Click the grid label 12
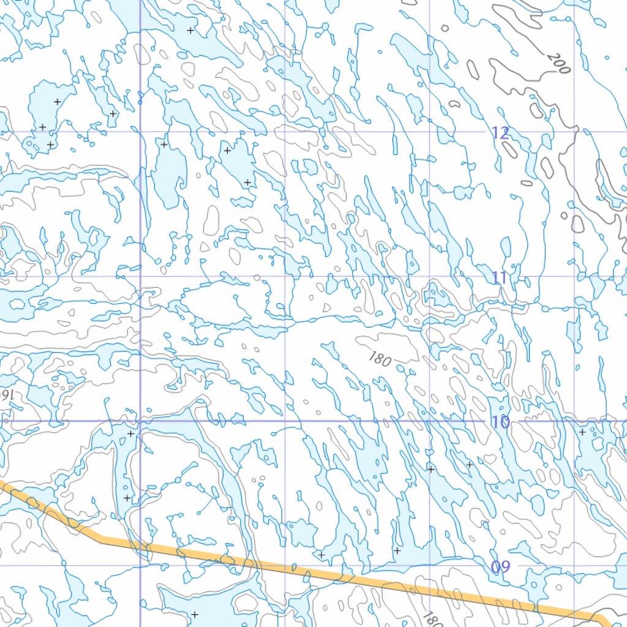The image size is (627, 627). pos(500,132)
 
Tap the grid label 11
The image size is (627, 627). pos(500,278)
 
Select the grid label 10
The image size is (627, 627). pos(500,422)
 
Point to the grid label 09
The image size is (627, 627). pos(500,567)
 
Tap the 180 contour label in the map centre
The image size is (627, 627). pos(380,359)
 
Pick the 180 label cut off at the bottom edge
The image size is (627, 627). pos(432,620)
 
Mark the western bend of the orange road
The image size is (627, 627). pos(101,539)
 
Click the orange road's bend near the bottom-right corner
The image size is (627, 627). pos(591,615)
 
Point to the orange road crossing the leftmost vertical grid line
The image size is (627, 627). pos(141,545)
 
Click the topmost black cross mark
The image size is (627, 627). pos(190,30)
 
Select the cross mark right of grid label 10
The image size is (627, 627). pos(582,432)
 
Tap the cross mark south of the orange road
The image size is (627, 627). pos(195,614)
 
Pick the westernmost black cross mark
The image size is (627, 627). pos(42,127)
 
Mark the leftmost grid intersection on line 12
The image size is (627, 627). pos(141,132)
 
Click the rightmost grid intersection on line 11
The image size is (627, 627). pos(574,276)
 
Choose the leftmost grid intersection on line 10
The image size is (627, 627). pos(141,421)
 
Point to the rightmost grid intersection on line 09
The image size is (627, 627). pos(574,565)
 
